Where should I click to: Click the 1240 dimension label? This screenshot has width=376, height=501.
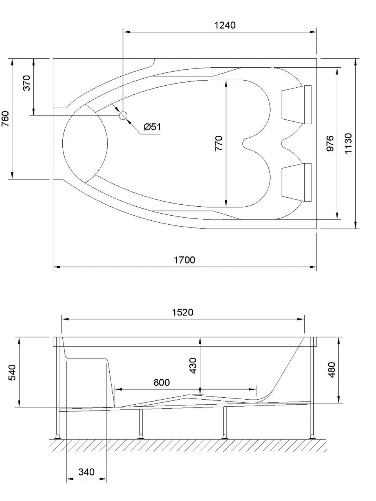[225, 25]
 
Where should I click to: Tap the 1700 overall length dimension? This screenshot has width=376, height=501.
[184, 260]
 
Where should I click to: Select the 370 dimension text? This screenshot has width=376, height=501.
[26, 83]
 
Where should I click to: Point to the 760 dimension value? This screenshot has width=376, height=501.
[5, 119]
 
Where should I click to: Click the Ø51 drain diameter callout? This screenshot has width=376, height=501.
[152, 127]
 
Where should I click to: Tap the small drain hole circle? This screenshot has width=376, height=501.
[123, 115]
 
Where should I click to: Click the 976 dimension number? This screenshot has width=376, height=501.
[330, 143]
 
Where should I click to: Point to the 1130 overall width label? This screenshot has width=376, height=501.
[348, 143]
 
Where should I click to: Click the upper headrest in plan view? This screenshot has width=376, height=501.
[296, 104]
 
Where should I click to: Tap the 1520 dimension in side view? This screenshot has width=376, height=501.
[183, 312]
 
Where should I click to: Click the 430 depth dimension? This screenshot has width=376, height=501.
[193, 365]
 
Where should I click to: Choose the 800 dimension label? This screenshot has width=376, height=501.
[161, 382]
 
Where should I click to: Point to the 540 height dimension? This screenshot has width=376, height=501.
[12, 372]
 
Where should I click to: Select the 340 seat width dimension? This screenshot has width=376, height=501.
[86, 472]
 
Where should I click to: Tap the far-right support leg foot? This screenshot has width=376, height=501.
[312, 436]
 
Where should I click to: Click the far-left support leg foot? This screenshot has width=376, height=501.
[58, 436]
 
